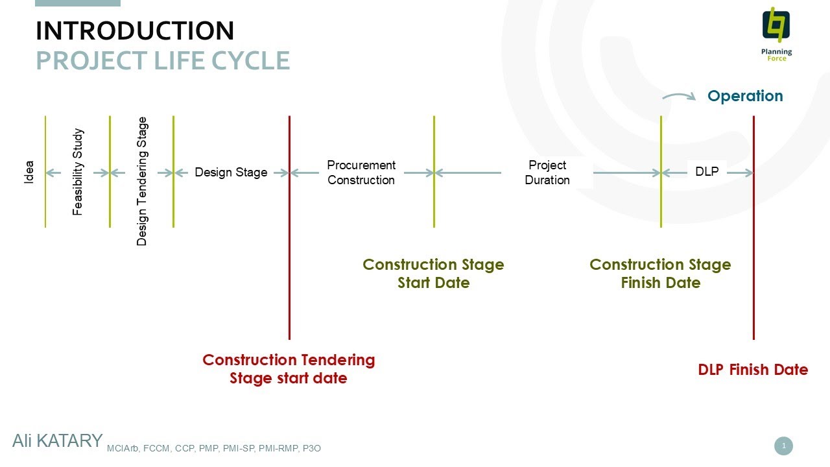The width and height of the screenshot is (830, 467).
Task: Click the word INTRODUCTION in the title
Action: [135, 30]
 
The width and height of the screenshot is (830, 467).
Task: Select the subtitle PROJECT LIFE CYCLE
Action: [163, 60]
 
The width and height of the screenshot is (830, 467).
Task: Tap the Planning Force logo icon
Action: [776, 25]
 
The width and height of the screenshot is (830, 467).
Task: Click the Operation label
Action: [745, 96]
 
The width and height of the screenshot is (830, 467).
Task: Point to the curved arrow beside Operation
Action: [679, 95]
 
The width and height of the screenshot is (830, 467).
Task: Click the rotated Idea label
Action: [29, 172]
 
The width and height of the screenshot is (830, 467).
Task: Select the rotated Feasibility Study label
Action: [77, 172]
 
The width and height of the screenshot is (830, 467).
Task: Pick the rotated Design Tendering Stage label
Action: [142, 181]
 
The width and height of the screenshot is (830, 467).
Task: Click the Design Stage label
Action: [231, 173]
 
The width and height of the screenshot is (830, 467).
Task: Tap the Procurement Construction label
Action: [361, 173]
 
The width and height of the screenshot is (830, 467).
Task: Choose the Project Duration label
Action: [547, 173]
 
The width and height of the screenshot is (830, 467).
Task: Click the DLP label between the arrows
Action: [707, 172]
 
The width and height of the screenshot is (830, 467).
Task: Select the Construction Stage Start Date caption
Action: [434, 274]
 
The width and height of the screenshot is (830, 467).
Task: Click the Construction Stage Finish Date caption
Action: [660, 274]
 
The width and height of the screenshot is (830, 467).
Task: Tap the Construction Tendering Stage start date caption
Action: [289, 369]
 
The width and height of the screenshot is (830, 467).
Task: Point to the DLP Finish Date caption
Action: [753, 370]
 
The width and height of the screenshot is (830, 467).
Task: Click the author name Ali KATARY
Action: [58, 441]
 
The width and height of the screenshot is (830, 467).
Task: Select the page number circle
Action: [784, 446]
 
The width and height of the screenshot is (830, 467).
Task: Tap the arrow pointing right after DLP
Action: [740, 173]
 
